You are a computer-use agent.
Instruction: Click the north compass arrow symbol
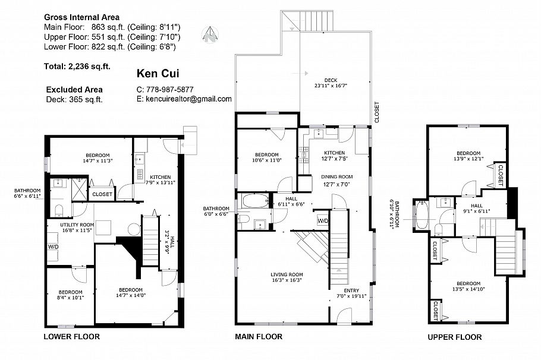pyautogui.click(x=209, y=34)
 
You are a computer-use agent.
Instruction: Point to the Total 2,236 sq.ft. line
pyautogui.click(x=77, y=66)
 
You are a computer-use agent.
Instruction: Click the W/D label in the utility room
pyautogui.click(x=53, y=247)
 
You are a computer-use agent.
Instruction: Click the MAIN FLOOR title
pyautogui.click(x=259, y=337)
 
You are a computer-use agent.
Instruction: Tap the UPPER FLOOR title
pyautogui.click(x=455, y=337)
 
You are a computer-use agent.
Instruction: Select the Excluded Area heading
pyautogui.click(x=74, y=89)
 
